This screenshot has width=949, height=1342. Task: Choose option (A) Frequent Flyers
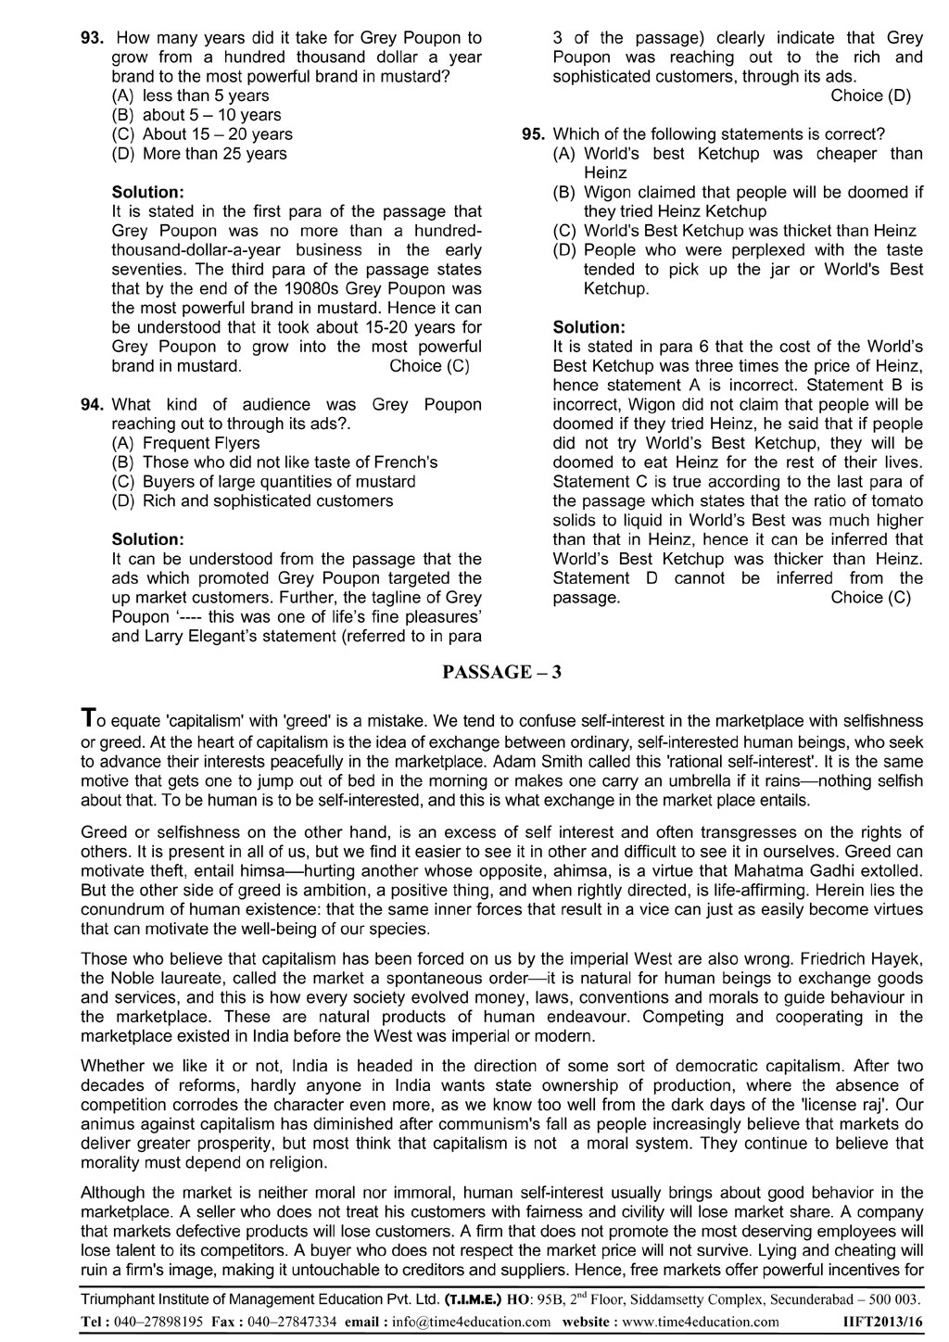pyautogui.click(x=185, y=443)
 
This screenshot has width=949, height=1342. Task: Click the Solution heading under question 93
pyautogui.click(x=147, y=192)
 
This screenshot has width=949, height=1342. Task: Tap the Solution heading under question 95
pyautogui.click(x=588, y=327)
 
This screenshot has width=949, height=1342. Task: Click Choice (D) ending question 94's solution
pyautogui.click(x=870, y=95)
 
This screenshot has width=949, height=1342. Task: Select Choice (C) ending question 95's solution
pyautogui.click(x=870, y=598)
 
